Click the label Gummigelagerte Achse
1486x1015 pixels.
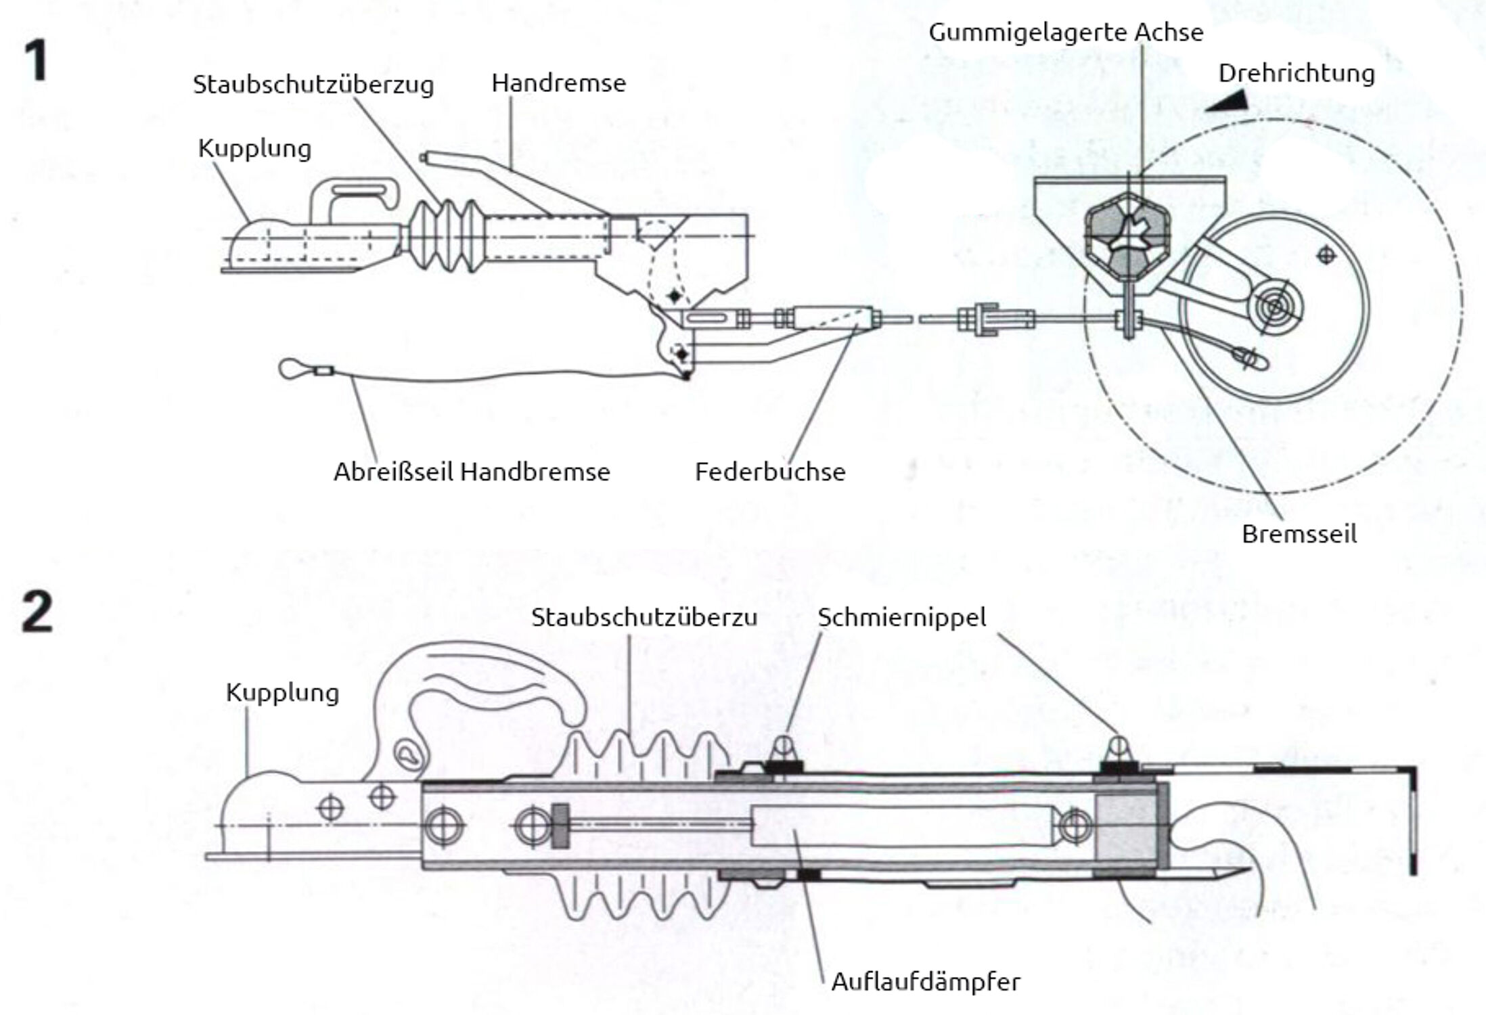coord(1066,32)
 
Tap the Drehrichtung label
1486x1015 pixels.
coord(1297,73)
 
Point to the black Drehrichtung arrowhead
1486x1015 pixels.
coord(1228,101)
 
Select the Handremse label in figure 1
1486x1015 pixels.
coord(558,83)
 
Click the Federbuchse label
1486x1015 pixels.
coord(770,472)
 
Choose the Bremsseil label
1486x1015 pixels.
coord(1299,534)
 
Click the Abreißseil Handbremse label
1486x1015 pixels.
coord(472,472)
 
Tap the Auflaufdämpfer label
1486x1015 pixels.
coord(925,981)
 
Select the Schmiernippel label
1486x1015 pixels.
coord(901,617)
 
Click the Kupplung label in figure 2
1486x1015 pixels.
coord(282,692)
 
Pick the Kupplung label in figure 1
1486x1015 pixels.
coord(254,148)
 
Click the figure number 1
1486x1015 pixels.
coord(37,61)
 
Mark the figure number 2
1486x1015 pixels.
coord(37,612)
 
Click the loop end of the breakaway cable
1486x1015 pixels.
coord(292,369)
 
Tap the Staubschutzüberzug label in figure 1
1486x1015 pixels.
coord(313,85)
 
